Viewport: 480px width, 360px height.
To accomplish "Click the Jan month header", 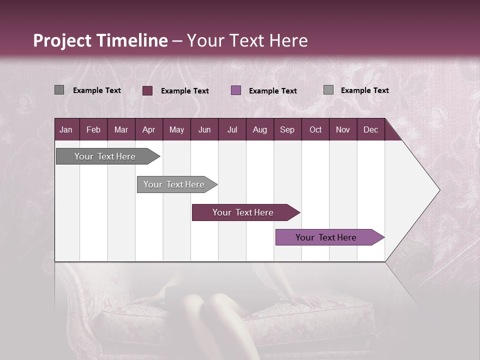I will coord(66,129).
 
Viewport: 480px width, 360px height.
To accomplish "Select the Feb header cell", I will coord(93,129).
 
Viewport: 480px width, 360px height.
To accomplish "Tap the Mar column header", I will coord(121,129).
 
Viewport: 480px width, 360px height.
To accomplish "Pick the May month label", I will coord(176,129).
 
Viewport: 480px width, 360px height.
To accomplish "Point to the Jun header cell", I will coord(204,129).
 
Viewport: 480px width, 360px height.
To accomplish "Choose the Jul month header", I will coord(232,129).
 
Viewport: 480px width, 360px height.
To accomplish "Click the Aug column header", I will coord(259,129).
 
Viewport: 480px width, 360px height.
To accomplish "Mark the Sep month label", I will coord(287,129).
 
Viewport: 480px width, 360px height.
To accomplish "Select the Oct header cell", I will coord(315,129).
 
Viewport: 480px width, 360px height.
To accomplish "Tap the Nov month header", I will coord(343,129).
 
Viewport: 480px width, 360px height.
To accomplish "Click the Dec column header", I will coord(370,129).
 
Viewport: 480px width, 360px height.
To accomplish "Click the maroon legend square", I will coord(147,90).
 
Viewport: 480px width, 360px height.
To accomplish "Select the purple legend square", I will coord(236,90).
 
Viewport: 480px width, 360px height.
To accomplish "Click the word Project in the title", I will coord(62,40).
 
